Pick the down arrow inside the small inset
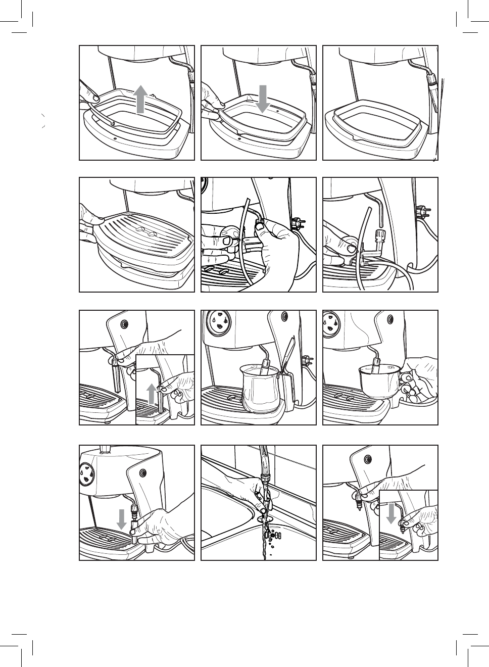pyautogui.click(x=391, y=512)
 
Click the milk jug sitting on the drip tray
pyautogui.click(x=260, y=388)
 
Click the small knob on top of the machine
pyautogui.click(x=106, y=448)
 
